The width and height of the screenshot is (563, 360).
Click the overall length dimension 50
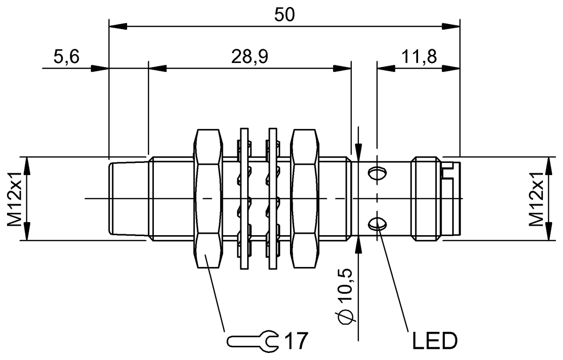tap(284, 15)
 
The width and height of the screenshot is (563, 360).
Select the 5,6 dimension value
tap(66, 56)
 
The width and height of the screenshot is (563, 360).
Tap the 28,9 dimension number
tap(250, 56)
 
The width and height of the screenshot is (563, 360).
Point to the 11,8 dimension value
tap(419, 56)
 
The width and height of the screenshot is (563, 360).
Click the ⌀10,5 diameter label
tap(345, 297)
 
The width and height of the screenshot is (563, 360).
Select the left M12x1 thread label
tap(15, 199)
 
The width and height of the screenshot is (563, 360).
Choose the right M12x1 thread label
tap(537, 199)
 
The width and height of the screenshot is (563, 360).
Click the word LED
tap(435, 341)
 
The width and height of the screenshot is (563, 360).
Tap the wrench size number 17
tap(296, 341)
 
